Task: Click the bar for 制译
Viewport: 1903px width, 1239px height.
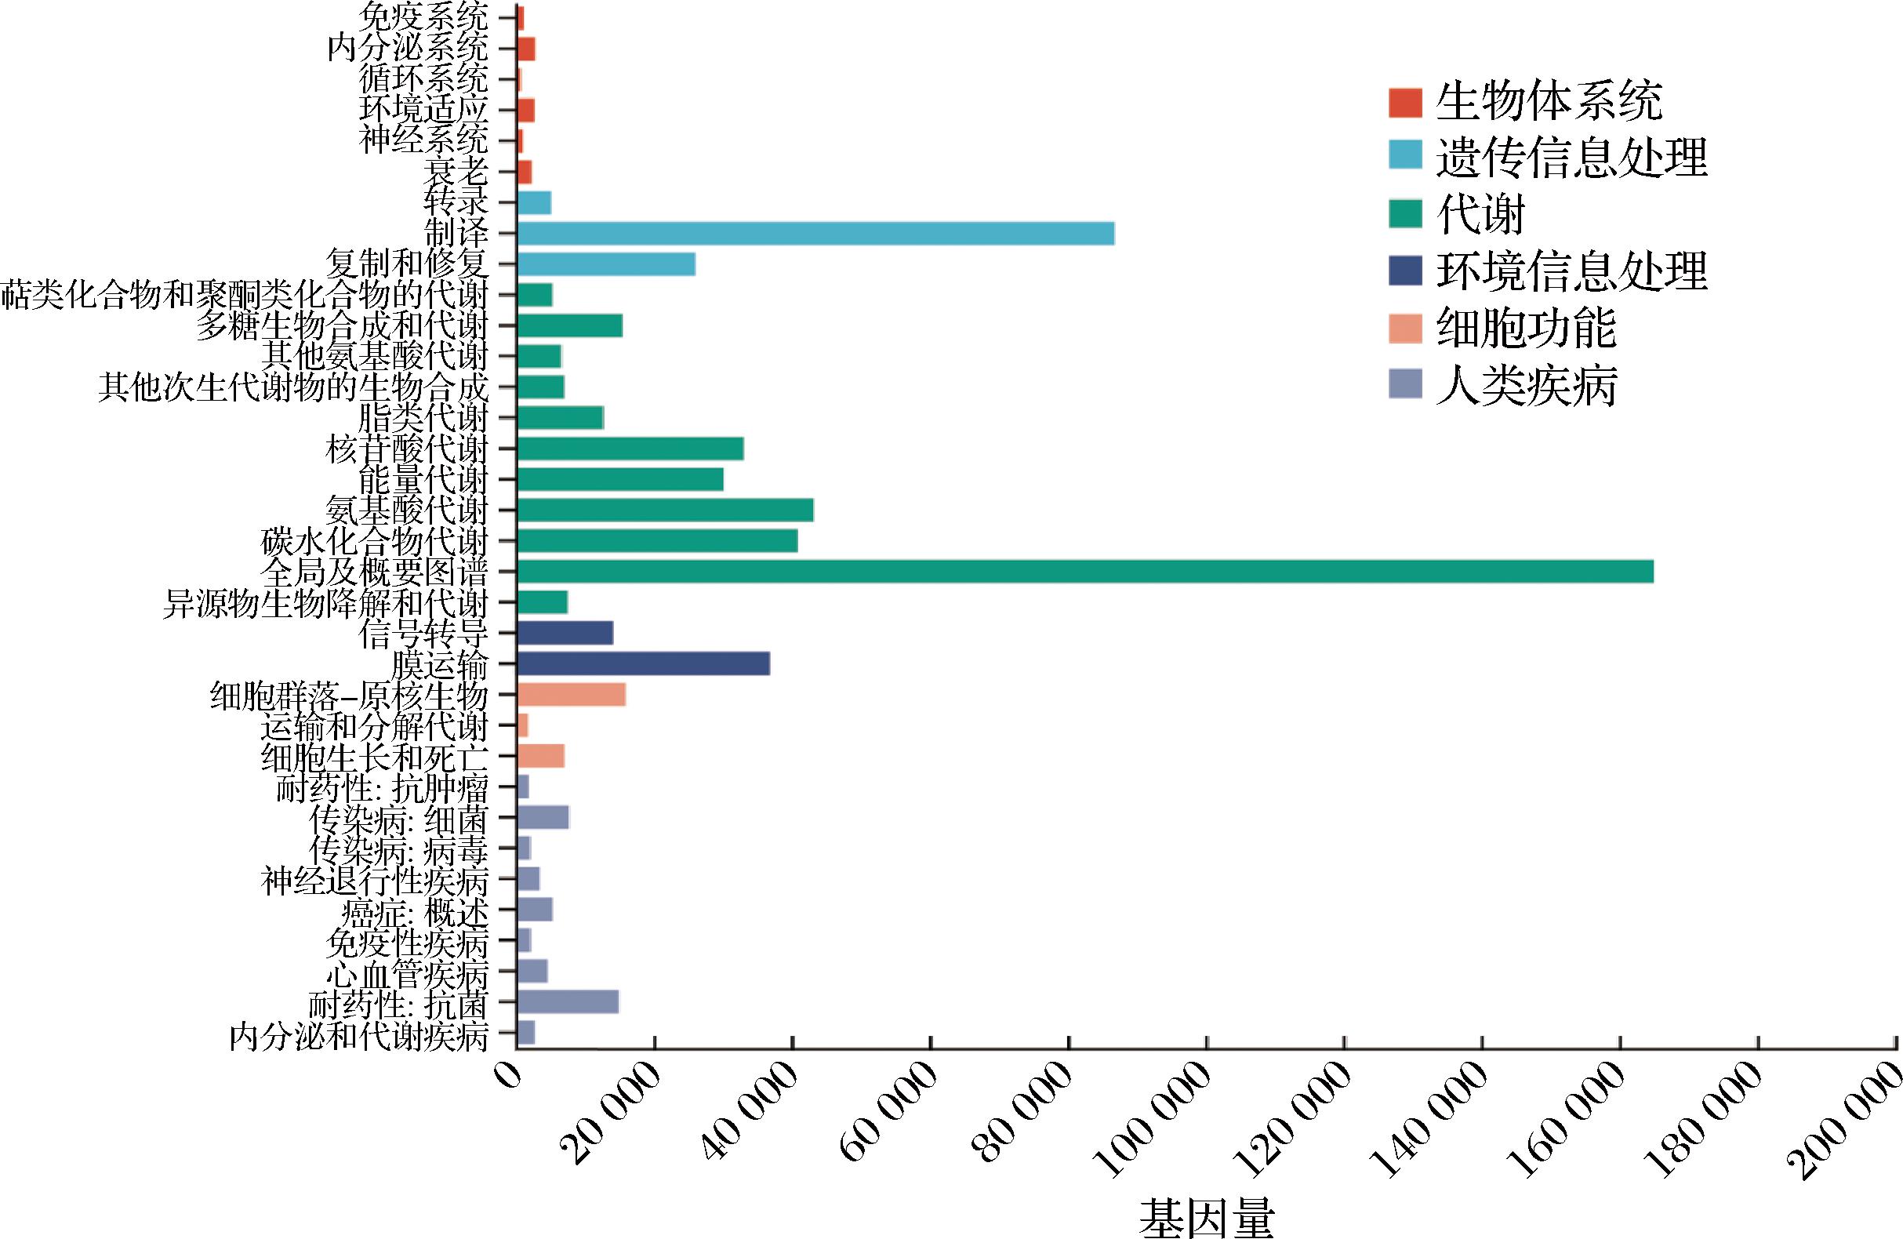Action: (815, 234)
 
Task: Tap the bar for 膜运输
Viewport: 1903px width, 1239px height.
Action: (644, 664)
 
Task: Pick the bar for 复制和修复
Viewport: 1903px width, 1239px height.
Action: (606, 264)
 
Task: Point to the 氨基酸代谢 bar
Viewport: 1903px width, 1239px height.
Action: (665, 510)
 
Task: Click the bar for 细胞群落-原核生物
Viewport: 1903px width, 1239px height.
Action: (571, 694)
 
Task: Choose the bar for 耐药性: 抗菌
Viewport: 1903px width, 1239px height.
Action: (568, 1002)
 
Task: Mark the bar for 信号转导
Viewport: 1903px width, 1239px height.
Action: (565, 633)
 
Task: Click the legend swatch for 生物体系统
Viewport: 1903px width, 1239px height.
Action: (1406, 102)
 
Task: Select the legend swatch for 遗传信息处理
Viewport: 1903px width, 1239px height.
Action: (1406, 158)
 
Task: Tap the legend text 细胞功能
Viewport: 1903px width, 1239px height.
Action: (1527, 328)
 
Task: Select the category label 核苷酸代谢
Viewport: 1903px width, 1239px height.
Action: (407, 449)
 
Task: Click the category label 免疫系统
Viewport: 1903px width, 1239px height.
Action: (423, 17)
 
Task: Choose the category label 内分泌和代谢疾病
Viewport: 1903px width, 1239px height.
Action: (358, 1037)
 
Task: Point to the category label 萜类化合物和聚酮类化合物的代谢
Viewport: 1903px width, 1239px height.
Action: (244, 295)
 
